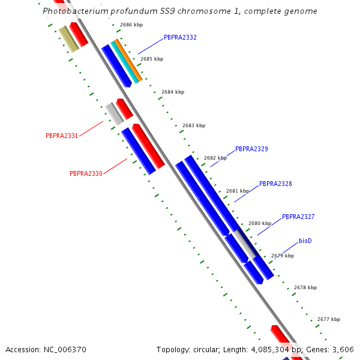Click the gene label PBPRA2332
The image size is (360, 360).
180,37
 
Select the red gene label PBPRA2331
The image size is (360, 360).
62,136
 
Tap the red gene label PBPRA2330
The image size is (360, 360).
86,173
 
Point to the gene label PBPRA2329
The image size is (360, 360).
251,149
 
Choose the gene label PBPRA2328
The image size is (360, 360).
275,184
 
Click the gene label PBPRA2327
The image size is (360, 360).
298,217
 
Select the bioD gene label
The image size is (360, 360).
305,241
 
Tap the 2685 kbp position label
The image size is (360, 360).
151,59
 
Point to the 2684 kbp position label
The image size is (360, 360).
173,92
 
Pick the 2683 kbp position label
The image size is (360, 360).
193,125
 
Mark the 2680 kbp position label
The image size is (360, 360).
259,223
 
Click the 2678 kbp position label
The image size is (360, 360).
305,287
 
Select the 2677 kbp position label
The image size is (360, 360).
328,319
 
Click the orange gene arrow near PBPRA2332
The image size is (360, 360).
128,61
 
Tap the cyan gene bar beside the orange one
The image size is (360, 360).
124,62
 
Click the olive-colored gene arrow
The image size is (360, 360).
69,40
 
